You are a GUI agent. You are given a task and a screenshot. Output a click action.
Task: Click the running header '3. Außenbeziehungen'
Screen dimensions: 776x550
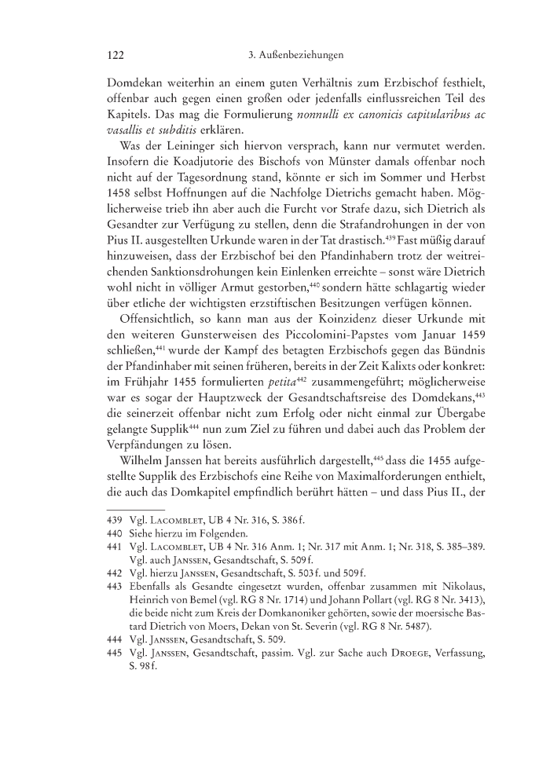(x=291, y=56)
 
